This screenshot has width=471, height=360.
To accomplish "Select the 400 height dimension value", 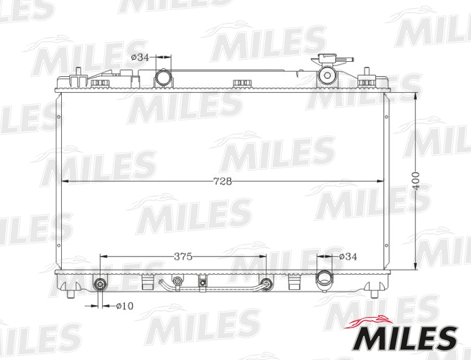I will pyautogui.click(x=416, y=182).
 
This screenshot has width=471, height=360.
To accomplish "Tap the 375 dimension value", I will pyautogui.click(x=183, y=257).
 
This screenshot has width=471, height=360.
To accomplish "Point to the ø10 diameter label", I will pyautogui.click(x=124, y=306).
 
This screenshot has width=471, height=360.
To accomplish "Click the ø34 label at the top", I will pyautogui.click(x=139, y=57).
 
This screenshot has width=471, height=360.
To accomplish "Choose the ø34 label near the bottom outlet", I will pyautogui.click(x=347, y=257).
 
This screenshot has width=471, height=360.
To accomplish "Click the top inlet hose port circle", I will pyautogui.click(x=163, y=78).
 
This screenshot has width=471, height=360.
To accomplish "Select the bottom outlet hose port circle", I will pyautogui.click(x=325, y=277).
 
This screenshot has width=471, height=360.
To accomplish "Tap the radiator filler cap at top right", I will pyautogui.click(x=327, y=73).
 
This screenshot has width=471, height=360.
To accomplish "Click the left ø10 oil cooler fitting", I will pyautogui.click(x=101, y=284).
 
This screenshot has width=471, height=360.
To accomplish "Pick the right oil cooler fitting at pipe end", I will pyautogui.click(x=267, y=284).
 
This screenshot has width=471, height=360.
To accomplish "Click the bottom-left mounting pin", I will pyautogui.click(x=71, y=292).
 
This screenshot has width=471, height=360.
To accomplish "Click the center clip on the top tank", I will pyautogui.click(x=241, y=83).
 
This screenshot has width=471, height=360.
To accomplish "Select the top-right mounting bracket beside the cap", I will pyautogui.click(x=366, y=81).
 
